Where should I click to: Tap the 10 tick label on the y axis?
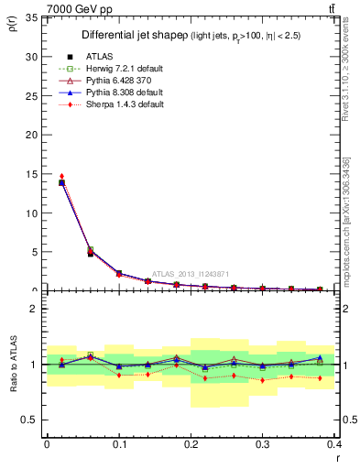click(x=31, y=213)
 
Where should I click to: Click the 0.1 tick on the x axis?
click(x=119, y=443)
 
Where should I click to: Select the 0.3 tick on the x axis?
click(x=264, y=443)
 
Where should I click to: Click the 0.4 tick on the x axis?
click(x=335, y=443)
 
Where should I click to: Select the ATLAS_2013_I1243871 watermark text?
click(x=191, y=274)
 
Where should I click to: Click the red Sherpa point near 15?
click(x=61, y=176)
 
